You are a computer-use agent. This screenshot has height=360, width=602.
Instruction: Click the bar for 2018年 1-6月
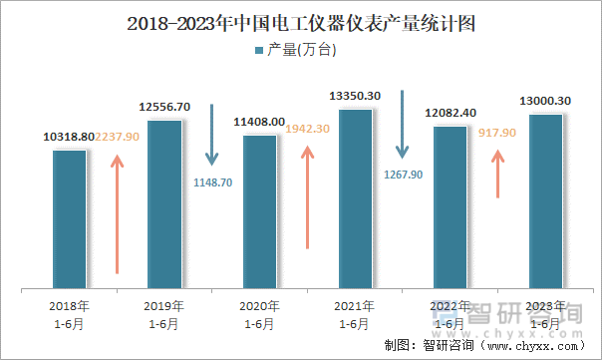[x=69, y=219]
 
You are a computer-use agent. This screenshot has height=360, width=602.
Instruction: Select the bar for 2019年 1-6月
[x=163, y=204]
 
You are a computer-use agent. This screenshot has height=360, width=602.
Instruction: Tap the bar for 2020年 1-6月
[x=259, y=211]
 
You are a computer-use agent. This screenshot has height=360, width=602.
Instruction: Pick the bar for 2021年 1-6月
[x=355, y=199]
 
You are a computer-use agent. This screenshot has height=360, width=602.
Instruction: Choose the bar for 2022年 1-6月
[x=451, y=207]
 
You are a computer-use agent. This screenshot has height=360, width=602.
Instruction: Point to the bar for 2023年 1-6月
[x=545, y=202]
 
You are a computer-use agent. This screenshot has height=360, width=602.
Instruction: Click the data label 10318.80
[x=69, y=137]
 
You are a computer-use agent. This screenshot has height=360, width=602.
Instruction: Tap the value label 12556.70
[x=163, y=107]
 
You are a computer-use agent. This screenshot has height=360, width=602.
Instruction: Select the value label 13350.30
[x=355, y=96]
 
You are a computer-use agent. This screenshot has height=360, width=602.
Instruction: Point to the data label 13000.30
[x=545, y=101]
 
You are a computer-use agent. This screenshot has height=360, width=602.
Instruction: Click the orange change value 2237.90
[x=119, y=137]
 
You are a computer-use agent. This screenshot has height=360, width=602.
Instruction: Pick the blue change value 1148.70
[x=211, y=182]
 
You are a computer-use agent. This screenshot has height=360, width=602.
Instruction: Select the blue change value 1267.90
[x=403, y=174]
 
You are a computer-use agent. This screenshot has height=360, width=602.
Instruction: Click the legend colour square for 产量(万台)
[x=260, y=50]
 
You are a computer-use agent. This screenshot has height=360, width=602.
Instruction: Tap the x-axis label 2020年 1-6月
[x=259, y=314]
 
